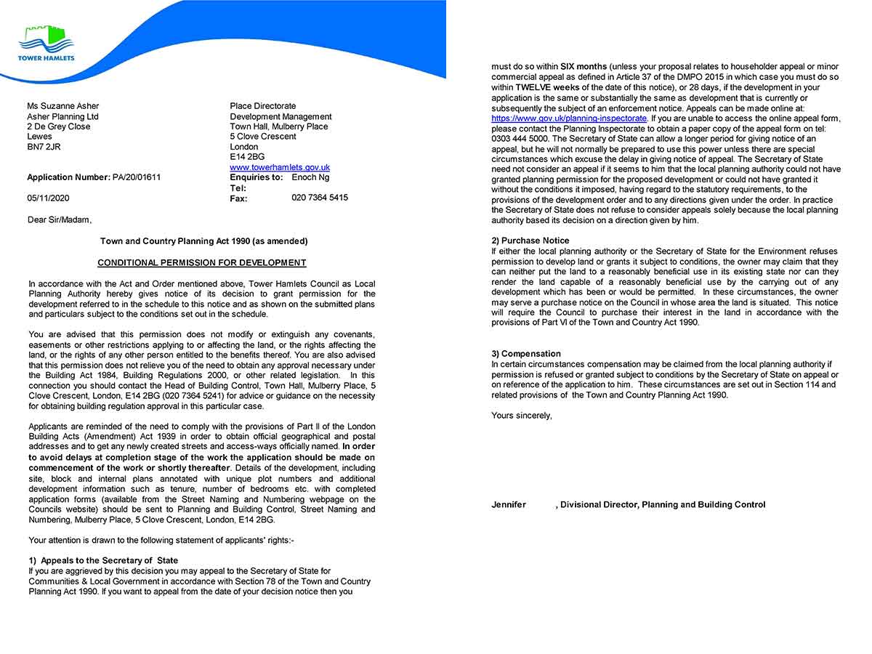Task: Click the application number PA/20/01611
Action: [137, 177]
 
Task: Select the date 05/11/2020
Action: [49, 198]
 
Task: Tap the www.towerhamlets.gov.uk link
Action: [280, 167]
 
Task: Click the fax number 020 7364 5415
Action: [320, 198]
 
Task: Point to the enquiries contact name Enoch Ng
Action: [310, 177]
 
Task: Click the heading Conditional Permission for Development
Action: [202, 263]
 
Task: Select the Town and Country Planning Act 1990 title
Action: [203, 241]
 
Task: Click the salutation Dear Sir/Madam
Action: [60, 219]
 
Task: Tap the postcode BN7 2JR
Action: [44, 147]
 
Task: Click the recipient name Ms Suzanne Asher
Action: [63, 106]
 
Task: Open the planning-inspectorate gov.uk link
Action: [569, 118]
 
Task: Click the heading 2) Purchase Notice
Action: [530, 241]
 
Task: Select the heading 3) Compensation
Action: [525, 354]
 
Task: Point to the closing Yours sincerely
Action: [521, 416]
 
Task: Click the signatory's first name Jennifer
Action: [509, 505]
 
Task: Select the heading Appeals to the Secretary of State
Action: [109, 561]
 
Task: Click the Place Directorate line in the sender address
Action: [263, 106]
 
